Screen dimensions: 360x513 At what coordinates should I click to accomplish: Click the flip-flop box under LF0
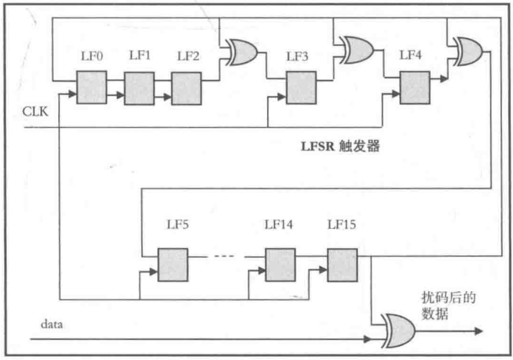point(91,88)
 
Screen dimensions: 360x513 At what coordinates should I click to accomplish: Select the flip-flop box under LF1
point(138,88)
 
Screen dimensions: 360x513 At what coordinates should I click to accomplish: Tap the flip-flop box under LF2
point(186,88)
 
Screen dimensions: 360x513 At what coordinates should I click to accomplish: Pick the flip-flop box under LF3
point(301,88)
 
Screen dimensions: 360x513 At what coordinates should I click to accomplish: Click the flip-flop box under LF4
point(415,88)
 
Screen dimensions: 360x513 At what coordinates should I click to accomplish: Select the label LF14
point(278,225)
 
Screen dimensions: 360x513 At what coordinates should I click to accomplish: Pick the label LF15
point(342,225)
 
